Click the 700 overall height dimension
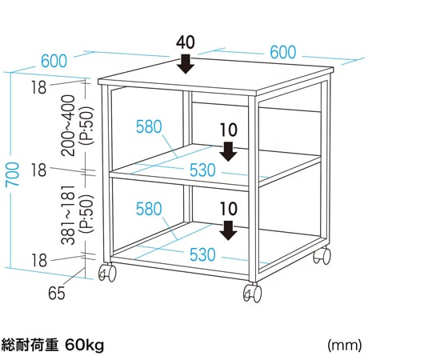(13, 174)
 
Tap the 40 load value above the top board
(186, 42)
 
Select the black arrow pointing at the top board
(186, 64)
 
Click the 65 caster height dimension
(57, 293)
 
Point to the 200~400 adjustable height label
(68, 126)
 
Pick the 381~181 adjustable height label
(68, 215)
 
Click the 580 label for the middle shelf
(149, 126)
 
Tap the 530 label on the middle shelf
(202, 170)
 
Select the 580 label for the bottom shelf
(149, 209)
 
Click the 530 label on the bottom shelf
(202, 254)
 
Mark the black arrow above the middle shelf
(228, 151)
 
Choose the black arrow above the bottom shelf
(228, 230)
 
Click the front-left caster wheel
(107, 274)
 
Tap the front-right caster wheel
(252, 293)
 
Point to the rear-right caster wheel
(322, 256)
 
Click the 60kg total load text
(85, 345)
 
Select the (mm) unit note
(344, 345)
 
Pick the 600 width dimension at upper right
(283, 52)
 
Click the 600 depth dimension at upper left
(54, 61)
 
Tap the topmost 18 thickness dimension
(38, 88)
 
